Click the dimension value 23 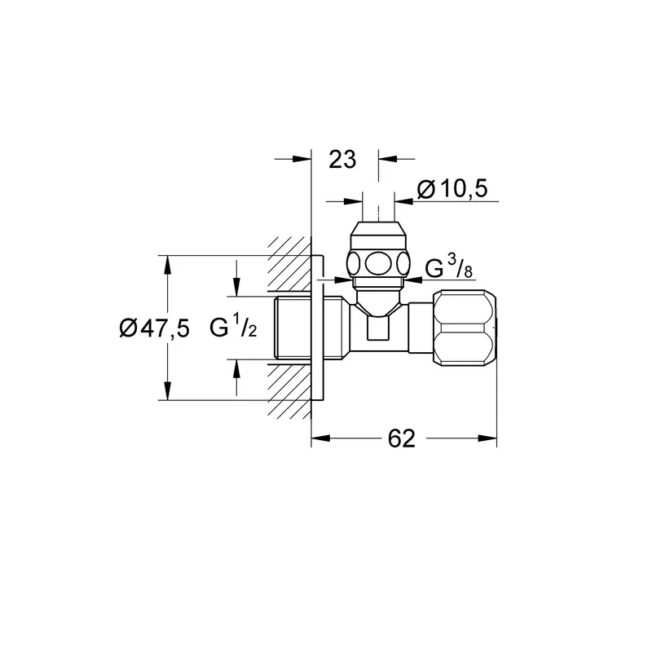[x=342, y=160]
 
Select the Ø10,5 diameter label [x=452, y=189]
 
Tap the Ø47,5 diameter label [x=154, y=328]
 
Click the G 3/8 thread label [x=449, y=267]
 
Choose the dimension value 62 [x=402, y=438]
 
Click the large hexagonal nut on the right [x=465, y=328]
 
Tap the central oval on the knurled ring [x=378, y=262]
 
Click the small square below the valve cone [x=378, y=328]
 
